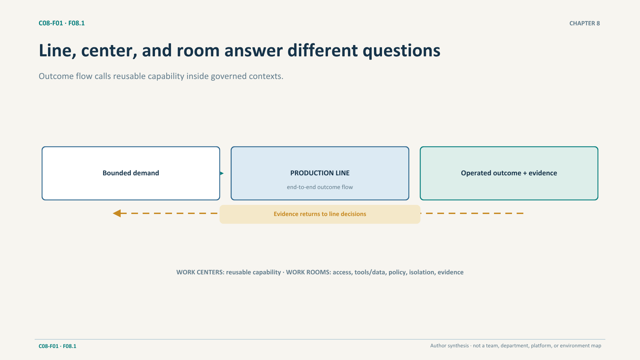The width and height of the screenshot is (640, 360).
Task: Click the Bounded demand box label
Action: pos(131,173)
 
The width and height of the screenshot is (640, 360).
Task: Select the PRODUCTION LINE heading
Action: pos(320,173)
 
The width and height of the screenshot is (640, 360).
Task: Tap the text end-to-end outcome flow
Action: pos(320,187)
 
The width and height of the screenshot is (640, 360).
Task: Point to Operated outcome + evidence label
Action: pos(509,173)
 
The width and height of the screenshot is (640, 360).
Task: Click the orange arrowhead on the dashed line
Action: pos(117,213)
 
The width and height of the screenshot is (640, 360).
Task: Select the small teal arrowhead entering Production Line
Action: pos(222,173)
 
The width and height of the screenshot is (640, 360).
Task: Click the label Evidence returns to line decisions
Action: pos(320,214)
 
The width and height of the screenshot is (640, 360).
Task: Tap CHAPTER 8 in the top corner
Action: pos(585,23)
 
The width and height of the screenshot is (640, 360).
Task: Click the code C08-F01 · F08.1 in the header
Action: pos(62,23)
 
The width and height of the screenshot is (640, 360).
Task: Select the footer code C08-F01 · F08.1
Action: pos(57,346)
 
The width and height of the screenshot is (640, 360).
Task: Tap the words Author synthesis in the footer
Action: pos(449,346)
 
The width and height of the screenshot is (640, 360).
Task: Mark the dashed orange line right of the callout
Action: pos(472,213)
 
